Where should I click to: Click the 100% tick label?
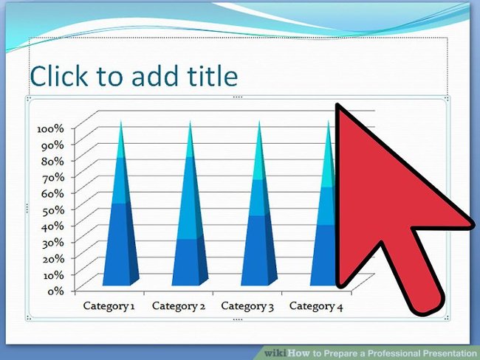point(51,128)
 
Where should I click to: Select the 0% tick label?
point(56,291)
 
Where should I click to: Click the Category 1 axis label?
point(109,305)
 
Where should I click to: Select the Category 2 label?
point(178,305)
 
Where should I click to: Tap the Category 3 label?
point(247,305)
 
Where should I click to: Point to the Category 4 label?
point(317,305)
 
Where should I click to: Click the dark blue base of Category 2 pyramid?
point(188,262)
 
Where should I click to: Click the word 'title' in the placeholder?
point(211,76)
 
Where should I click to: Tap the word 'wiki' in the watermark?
point(275,353)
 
